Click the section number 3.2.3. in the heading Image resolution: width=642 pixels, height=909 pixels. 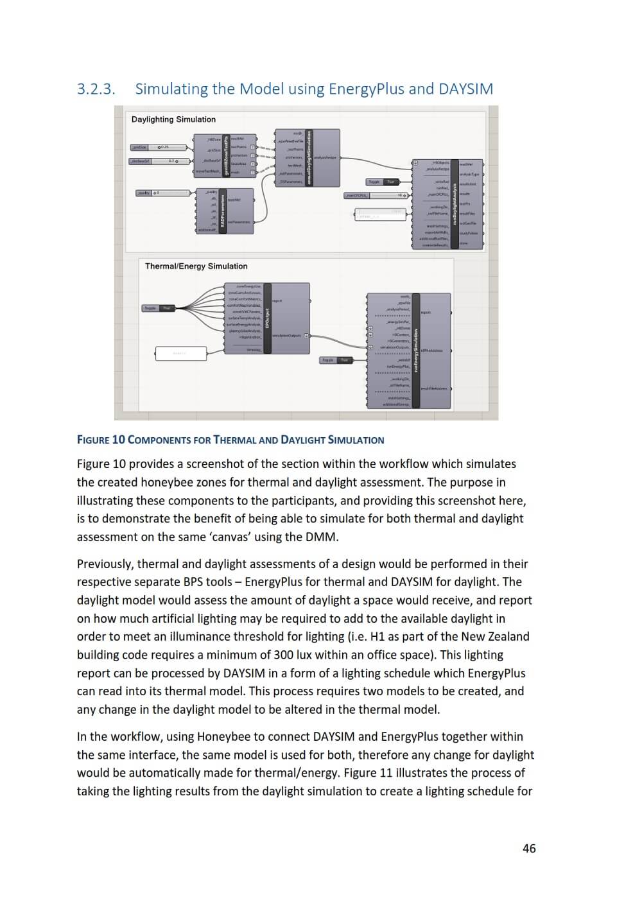(96, 89)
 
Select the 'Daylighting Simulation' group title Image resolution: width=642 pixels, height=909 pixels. (173, 119)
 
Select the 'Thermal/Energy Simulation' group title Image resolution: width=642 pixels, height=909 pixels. (196, 266)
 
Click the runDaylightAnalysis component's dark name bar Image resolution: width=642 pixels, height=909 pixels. (455, 203)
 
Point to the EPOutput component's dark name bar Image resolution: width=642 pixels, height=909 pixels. (267, 318)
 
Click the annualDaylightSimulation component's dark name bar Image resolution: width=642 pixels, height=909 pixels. (309, 158)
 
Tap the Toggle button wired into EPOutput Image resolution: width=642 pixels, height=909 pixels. (158, 308)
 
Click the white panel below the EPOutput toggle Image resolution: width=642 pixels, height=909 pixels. (180, 353)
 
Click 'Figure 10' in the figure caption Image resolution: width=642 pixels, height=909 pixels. (101, 440)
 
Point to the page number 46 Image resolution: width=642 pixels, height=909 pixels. (529, 848)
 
